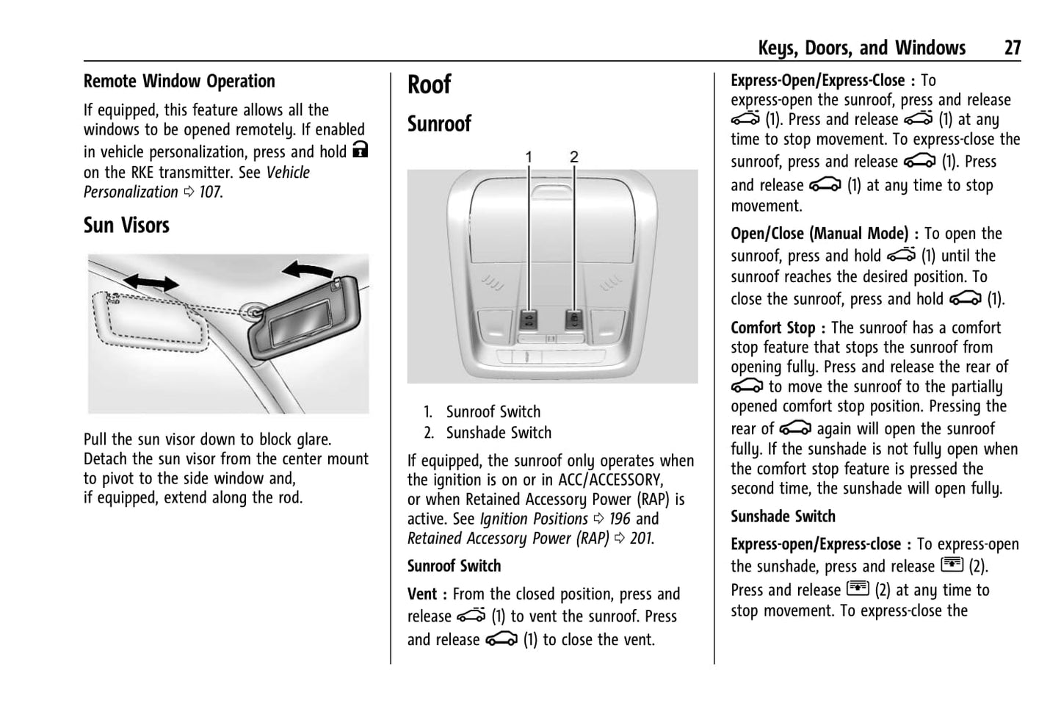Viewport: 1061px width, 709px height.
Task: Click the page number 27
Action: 1012,48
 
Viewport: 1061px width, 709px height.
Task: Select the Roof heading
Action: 430,84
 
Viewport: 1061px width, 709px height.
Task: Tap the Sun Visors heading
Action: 126,225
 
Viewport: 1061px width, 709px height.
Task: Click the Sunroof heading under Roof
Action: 439,123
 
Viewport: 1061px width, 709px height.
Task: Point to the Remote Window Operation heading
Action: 179,81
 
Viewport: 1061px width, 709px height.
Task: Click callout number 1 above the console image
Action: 529,156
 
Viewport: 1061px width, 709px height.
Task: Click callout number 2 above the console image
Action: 574,156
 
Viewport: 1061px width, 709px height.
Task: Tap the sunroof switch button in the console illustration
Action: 529,320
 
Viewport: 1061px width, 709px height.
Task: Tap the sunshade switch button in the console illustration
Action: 574,320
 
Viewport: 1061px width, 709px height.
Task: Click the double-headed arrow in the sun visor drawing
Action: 151,282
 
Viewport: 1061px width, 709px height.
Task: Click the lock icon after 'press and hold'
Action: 360,151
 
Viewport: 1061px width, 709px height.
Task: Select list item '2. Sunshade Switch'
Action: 488,433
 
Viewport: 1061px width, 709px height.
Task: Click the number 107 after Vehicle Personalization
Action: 210,192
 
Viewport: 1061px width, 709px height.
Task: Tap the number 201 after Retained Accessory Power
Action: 641,539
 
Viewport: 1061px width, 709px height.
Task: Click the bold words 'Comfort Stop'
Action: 772,328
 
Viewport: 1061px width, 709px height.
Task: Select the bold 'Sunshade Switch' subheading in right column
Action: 783,517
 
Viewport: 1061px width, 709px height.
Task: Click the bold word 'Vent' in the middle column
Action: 422,594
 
